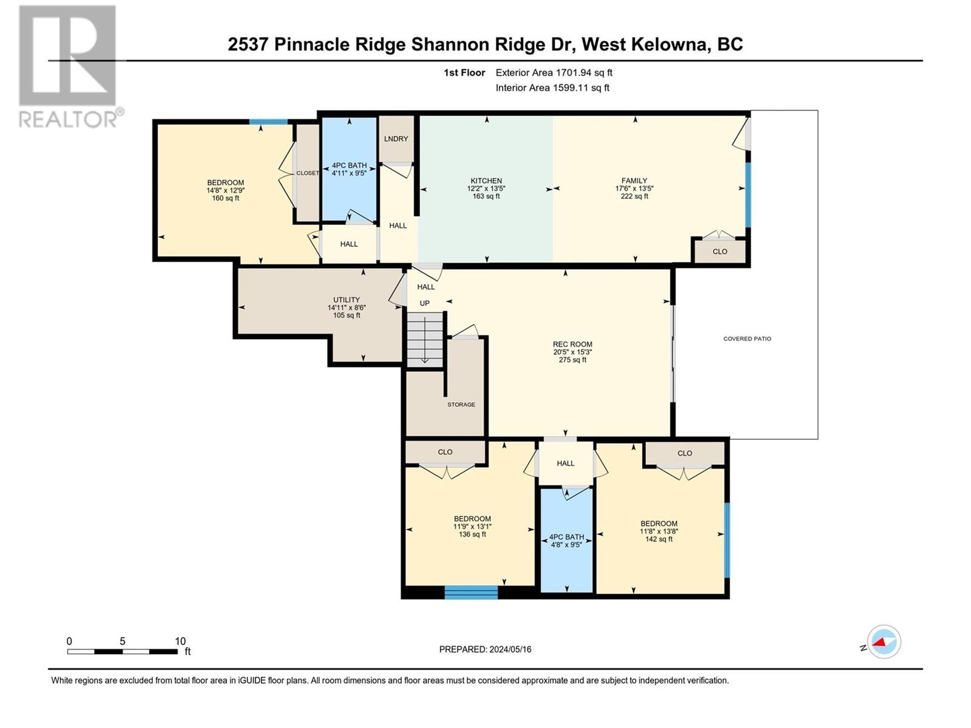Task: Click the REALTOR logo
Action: point(71,66)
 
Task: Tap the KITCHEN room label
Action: point(486,181)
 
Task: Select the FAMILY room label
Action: point(634,180)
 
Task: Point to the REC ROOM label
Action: point(572,344)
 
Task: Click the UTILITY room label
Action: point(347,300)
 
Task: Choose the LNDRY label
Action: point(396,139)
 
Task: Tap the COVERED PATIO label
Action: point(747,339)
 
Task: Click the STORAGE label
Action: point(461,405)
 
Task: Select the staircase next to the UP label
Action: point(425,340)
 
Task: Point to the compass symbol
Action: point(884,642)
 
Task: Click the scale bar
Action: point(123,652)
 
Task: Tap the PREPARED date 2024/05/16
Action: point(510,649)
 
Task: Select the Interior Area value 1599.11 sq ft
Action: point(581,87)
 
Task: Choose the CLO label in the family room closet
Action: point(720,252)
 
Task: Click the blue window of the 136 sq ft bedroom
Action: point(471,592)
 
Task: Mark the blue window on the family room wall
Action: point(748,195)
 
